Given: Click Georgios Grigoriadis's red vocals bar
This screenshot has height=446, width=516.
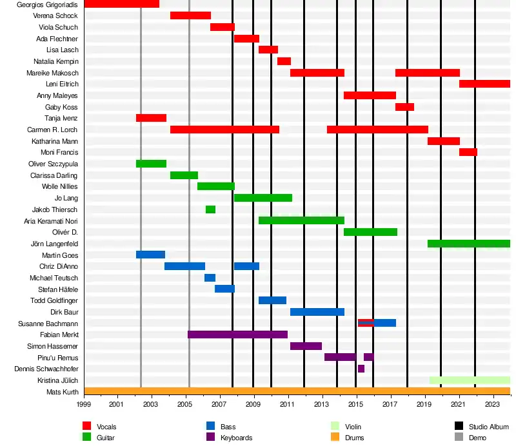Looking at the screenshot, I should (121, 4).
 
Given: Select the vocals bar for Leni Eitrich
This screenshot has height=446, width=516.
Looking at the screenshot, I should (484, 84).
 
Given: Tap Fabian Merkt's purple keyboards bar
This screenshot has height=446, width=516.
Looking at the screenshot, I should (237, 334).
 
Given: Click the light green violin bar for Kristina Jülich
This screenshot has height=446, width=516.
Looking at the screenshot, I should (470, 380).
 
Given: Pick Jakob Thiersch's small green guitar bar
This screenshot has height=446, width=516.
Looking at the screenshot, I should (210, 209).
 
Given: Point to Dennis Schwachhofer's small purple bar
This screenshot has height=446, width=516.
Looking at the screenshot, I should (361, 369).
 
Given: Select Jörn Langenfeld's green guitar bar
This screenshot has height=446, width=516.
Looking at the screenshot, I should (468, 244).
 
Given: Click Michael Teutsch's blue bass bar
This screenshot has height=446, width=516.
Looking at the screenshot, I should (210, 278).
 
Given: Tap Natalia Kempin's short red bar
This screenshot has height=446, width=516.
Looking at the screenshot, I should (284, 61).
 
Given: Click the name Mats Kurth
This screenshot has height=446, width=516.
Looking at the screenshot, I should (63, 392).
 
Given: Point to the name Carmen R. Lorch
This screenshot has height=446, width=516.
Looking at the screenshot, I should (53, 130).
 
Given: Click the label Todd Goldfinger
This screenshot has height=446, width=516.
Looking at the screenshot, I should (55, 301).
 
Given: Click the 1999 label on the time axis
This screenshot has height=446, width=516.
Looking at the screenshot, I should (84, 404).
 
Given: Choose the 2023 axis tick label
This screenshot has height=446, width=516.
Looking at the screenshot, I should (492, 404).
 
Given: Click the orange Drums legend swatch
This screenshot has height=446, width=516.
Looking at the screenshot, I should (335, 437).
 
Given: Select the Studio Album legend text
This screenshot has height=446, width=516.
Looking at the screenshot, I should (489, 427).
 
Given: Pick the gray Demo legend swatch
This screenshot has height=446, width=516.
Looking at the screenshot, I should (459, 437).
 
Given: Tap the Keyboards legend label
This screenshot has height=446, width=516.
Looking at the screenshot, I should (236, 438).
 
